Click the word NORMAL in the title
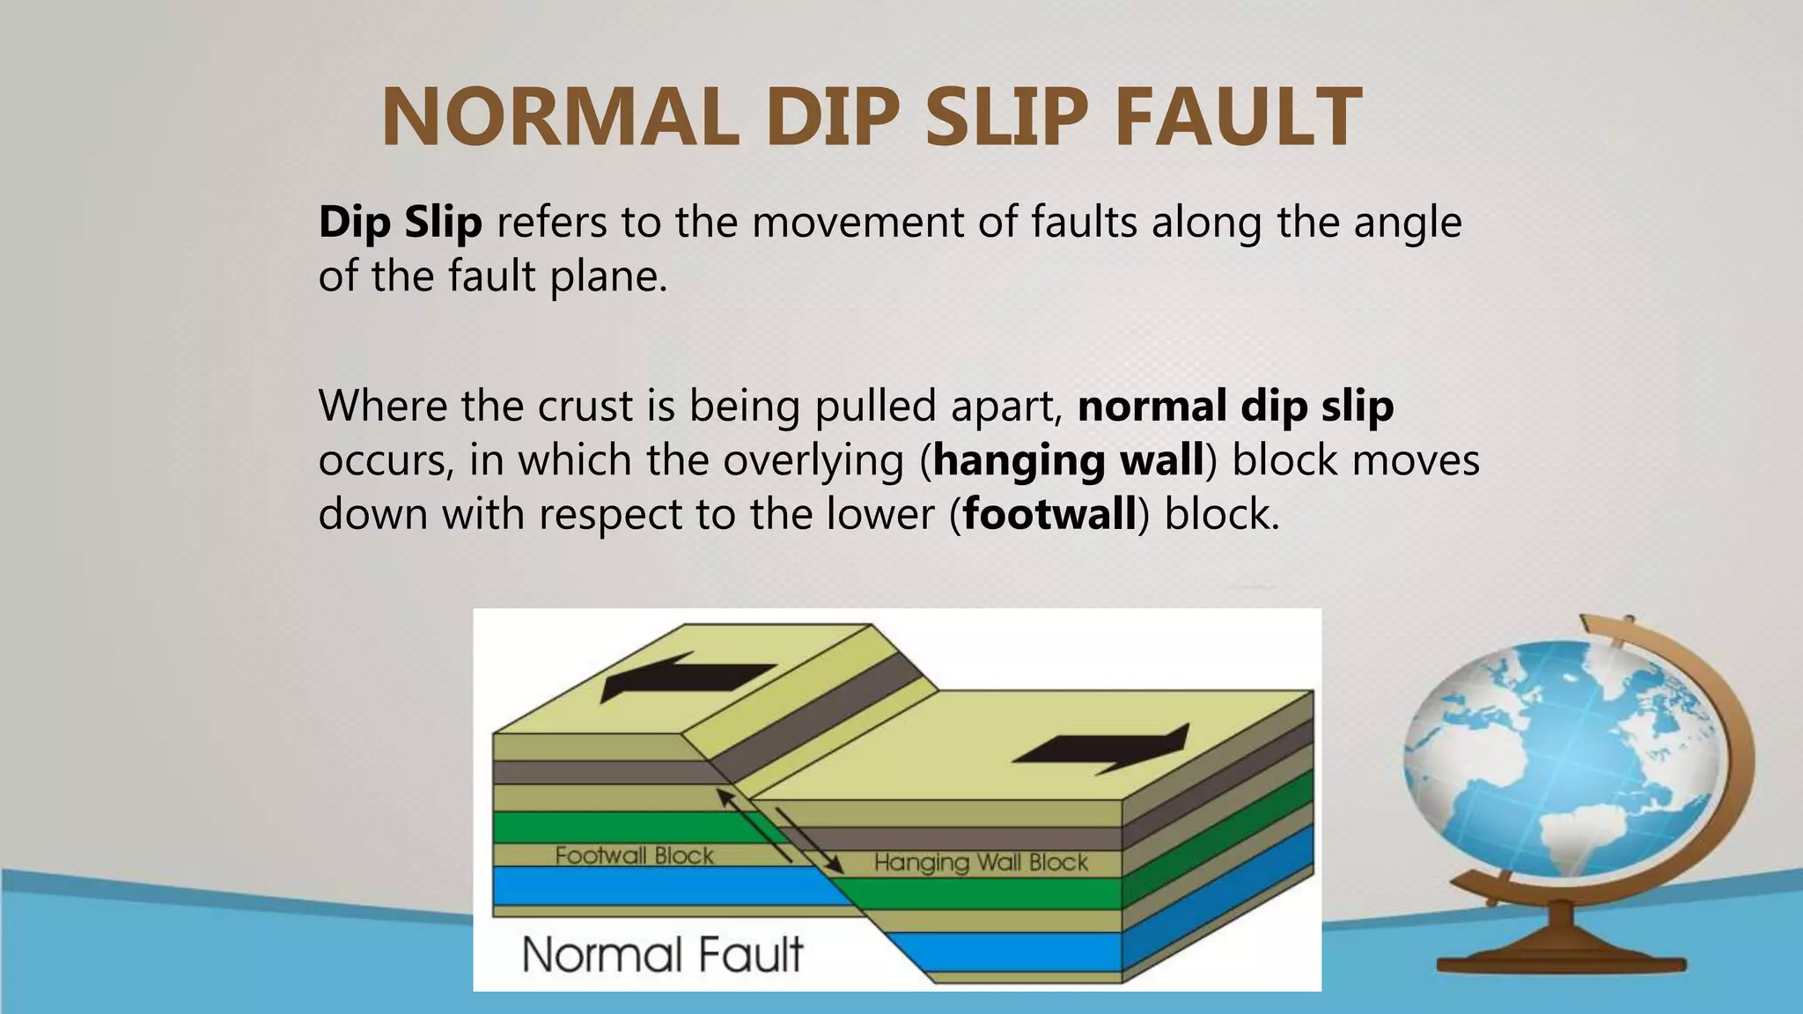[x=561, y=117]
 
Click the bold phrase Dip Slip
[x=401, y=222]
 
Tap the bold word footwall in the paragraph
[x=1049, y=514]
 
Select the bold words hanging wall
[x=1068, y=460]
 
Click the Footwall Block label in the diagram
[x=634, y=856]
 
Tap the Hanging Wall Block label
[x=981, y=863]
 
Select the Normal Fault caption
[x=662, y=954]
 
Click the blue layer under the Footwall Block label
[x=651, y=885]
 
